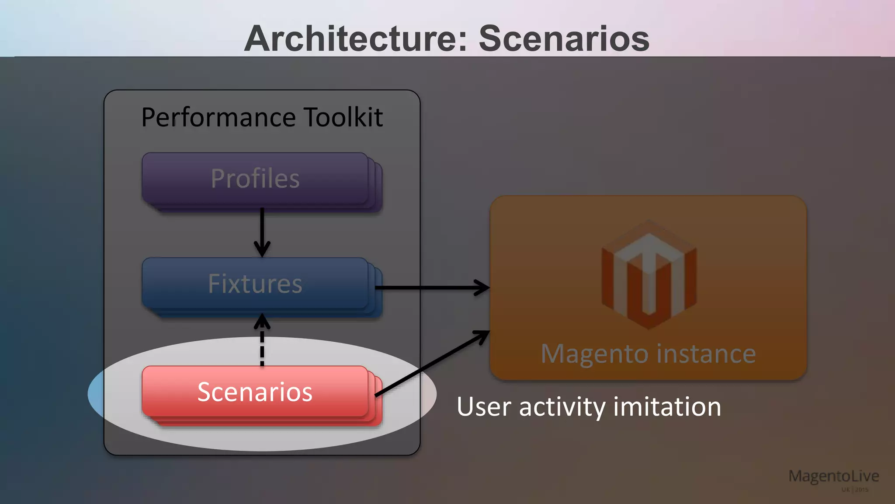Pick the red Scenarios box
click(x=256, y=392)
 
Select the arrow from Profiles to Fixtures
click(x=262, y=232)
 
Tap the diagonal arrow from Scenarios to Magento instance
click(x=433, y=363)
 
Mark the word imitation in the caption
click(x=667, y=406)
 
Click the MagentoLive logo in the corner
click(x=833, y=476)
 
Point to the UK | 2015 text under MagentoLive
click(x=855, y=490)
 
